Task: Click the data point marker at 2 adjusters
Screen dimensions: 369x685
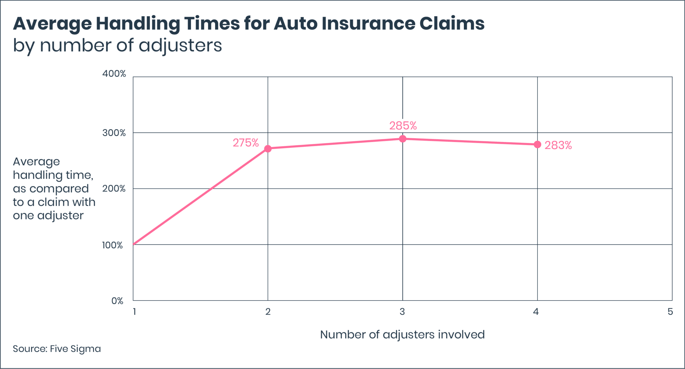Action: [268, 149]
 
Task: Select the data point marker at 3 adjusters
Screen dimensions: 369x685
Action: [403, 139]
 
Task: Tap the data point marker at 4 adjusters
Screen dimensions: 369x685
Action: [537, 145]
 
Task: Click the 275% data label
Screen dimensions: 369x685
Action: [246, 143]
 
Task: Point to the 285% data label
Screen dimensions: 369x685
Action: [403, 126]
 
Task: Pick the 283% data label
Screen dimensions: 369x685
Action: [558, 145]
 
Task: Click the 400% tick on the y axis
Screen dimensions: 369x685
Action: [114, 74]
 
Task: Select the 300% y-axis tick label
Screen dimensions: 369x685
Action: [114, 133]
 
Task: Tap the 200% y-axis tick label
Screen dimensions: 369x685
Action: [114, 189]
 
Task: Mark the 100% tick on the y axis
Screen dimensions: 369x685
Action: [112, 245]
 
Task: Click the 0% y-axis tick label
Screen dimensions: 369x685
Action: [117, 301]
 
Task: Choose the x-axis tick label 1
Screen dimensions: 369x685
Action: [134, 312]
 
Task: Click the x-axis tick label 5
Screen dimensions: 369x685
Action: [670, 312]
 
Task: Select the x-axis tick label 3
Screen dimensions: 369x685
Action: [402, 312]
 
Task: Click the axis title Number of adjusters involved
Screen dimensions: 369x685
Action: [402, 335]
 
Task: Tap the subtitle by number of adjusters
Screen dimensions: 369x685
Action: [117, 45]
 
